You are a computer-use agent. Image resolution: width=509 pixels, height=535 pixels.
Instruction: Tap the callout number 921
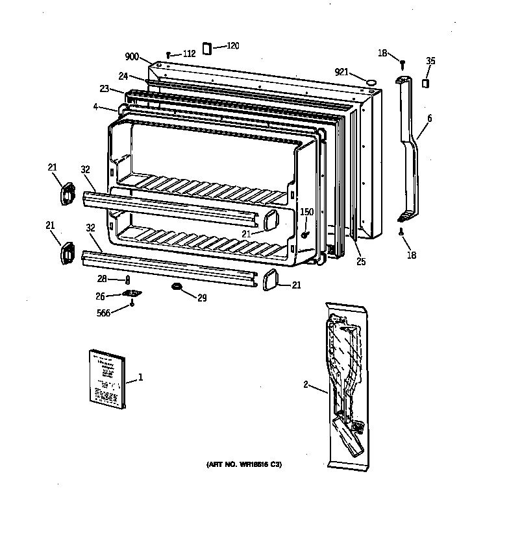point(342,72)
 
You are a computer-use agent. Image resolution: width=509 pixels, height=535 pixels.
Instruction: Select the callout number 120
point(232,46)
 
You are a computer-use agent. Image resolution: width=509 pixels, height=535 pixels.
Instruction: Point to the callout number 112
point(188,54)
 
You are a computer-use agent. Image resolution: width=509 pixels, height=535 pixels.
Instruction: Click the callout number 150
point(306,212)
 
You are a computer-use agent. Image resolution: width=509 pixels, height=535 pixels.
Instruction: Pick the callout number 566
point(103,313)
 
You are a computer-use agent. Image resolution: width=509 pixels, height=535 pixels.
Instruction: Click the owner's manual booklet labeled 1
point(108,380)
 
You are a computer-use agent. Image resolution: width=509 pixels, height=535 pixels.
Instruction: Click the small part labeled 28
point(128,279)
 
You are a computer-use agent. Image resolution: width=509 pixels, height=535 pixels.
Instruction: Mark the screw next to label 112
point(169,56)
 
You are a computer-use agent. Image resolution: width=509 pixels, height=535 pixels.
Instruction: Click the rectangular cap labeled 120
point(207,48)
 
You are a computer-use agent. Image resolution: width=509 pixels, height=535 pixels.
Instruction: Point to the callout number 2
point(305,385)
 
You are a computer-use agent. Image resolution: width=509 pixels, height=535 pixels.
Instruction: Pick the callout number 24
point(123,75)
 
